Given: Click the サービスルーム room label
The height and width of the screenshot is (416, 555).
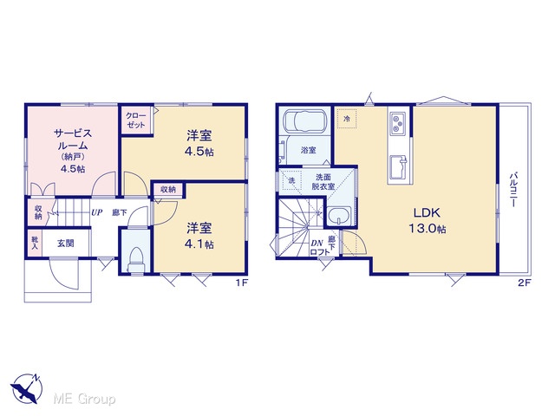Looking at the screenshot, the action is tap(73, 140).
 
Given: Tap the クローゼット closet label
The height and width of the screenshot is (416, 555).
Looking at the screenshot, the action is tap(136, 120).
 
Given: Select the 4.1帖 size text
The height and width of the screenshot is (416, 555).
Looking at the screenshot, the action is tap(199, 244).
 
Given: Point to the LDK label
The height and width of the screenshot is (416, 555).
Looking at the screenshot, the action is tap(428, 212).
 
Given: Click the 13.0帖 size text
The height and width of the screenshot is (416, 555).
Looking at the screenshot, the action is tap(428, 229).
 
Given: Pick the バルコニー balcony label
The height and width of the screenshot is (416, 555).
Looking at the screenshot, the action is tap(513, 190).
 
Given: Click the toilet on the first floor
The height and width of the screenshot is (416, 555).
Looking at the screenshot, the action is tap(136, 260).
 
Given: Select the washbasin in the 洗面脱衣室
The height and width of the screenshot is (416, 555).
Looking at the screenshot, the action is tap(339, 216).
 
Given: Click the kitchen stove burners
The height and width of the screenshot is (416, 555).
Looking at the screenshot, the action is tap(398, 124).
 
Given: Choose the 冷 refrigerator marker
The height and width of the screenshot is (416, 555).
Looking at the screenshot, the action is tap(347, 119).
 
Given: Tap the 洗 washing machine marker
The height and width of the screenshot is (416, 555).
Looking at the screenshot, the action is tap(291, 180).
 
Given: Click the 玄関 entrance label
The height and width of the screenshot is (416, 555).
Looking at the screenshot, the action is tap(66, 244).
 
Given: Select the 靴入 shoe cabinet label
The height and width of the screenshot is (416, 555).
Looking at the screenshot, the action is tap(35, 243).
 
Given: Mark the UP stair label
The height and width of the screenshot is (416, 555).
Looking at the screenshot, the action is tap(96, 212).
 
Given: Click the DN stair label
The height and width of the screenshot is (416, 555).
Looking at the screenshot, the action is tap(317, 244).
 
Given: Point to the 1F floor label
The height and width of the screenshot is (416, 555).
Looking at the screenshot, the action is tap(241, 283).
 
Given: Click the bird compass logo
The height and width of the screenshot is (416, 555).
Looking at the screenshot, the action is tap(26, 388).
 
